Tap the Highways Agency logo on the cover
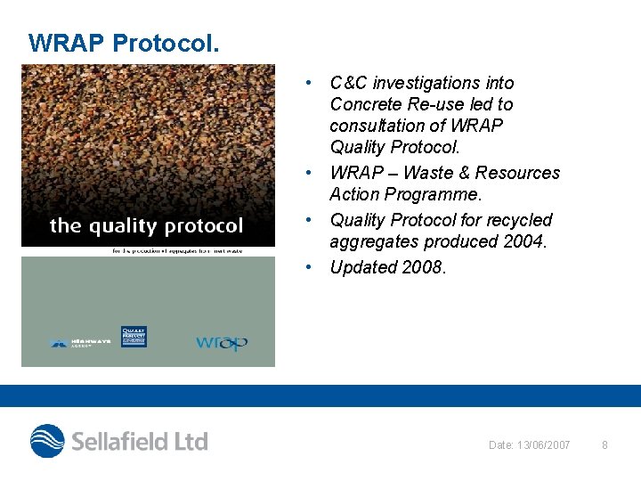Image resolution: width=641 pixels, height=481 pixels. [80, 342]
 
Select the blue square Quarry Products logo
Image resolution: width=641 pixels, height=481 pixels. [134, 337]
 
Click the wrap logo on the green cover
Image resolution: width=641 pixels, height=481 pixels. [222, 343]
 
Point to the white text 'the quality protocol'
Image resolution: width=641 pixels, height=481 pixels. [146, 226]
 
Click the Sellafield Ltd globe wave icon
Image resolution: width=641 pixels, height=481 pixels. [48, 441]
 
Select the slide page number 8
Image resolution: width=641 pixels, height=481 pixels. [604, 444]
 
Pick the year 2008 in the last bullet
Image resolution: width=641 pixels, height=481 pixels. [423, 266]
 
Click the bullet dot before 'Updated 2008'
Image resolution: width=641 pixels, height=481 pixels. [306, 266]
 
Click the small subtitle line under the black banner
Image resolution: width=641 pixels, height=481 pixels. [145, 250]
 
